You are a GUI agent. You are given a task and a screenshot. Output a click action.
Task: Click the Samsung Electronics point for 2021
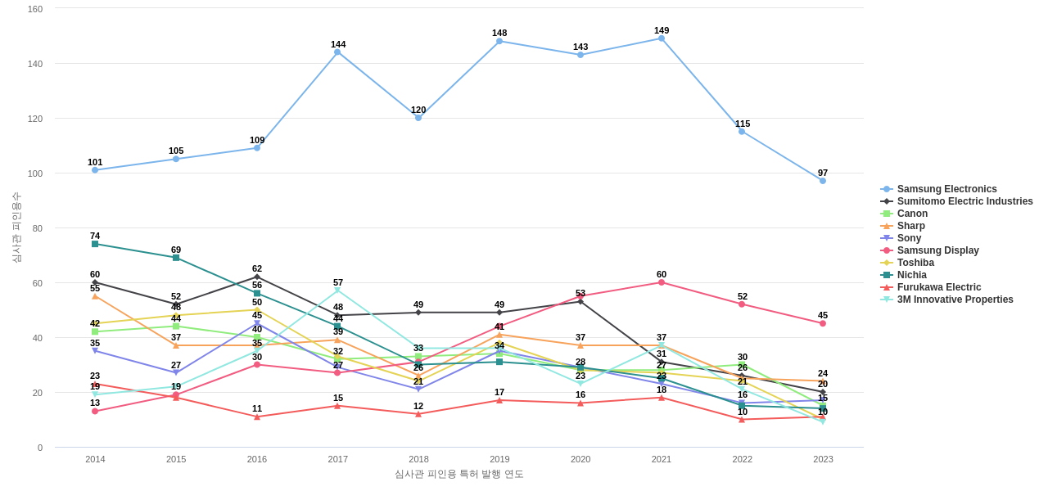(662, 38)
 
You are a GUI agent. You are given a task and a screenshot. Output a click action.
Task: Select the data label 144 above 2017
(338, 44)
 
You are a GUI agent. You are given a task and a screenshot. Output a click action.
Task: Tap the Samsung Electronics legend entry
(946, 189)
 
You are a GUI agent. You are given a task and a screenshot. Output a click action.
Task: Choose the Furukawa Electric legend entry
(938, 287)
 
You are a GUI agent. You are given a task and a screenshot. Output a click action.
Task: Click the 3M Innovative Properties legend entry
(955, 300)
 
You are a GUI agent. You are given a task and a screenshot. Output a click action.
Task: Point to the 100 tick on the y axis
(35, 173)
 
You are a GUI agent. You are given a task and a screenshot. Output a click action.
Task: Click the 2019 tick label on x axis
(499, 459)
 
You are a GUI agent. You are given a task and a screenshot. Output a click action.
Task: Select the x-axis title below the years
(458, 474)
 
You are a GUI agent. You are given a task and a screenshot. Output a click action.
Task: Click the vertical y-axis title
(16, 227)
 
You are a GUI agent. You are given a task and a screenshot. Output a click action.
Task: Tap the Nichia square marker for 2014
(95, 244)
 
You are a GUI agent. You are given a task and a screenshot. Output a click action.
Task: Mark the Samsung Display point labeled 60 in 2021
(662, 282)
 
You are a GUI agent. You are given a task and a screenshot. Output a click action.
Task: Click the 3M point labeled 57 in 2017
(337, 291)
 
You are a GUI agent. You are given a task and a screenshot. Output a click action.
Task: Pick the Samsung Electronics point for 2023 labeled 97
(823, 181)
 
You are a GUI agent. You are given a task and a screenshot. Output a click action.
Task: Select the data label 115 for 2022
(743, 124)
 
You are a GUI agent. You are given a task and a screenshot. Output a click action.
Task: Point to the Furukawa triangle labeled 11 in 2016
(257, 417)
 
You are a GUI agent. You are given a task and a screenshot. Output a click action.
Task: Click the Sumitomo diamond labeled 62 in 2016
(257, 277)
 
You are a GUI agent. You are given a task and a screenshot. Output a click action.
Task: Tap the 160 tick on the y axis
(35, 9)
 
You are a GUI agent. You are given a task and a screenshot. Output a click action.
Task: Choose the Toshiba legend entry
(915, 263)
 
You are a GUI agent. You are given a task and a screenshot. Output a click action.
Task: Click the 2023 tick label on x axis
(823, 459)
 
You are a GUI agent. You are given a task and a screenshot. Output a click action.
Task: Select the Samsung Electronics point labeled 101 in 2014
(95, 170)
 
